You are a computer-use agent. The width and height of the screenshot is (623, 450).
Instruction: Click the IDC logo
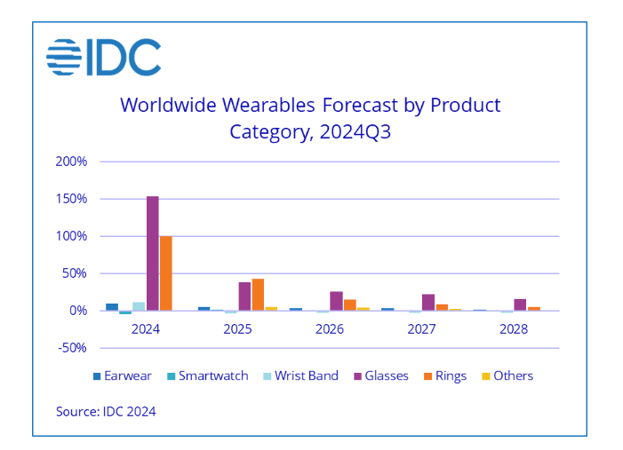point(103,58)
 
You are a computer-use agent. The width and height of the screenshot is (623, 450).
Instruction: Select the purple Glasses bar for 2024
point(153,253)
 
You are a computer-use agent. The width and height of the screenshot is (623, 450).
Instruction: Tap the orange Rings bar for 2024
point(166,273)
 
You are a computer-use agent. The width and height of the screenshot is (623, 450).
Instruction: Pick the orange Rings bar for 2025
point(259,295)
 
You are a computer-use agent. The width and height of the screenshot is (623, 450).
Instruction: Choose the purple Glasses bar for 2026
point(336,301)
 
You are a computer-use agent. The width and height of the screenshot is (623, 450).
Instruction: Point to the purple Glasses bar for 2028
point(520,304)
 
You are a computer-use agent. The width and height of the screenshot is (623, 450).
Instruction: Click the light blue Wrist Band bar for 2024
point(139,306)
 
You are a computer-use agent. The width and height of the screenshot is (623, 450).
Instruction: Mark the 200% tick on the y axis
point(71,162)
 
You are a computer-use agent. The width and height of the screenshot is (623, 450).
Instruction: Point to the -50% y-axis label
point(71,347)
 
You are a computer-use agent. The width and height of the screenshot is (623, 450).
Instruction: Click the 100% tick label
point(71,236)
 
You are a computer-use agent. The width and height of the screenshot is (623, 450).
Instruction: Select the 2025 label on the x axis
point(237,328)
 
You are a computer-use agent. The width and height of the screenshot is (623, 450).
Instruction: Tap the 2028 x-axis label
point(514,328)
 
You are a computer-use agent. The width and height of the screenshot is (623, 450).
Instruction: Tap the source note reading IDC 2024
point(106,411)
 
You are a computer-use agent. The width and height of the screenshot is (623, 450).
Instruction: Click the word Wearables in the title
point(268,106)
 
